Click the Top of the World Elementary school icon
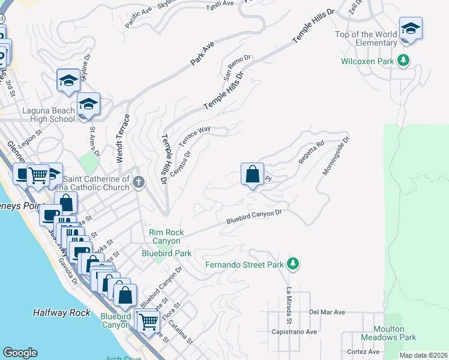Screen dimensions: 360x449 (x=411, y=29)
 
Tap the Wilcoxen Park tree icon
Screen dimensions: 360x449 (x=405, y=61)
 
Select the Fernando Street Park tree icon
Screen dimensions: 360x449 (x=293, y=264)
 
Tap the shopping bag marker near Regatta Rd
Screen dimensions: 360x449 (x=253, y=175)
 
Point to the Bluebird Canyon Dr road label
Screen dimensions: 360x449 (x=254, y=217)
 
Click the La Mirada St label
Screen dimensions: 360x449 (x=289, y=307)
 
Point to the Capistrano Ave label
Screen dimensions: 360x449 (x=294, y=332)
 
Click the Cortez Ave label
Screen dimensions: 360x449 (x=363, y=352)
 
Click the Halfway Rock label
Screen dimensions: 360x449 (x=62, y=313)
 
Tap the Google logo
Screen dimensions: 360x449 (x=20, y=353)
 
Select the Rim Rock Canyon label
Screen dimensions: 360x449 (x=167, y=236)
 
